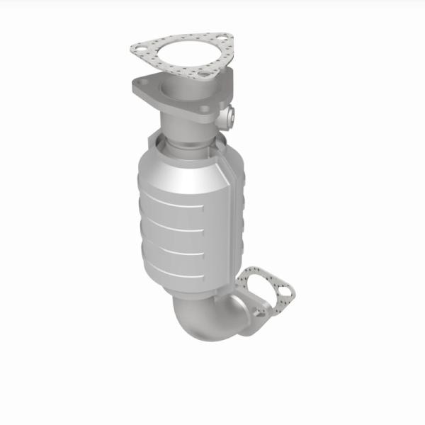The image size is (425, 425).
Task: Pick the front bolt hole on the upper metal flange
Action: pyautogui.click(x=204, y=108)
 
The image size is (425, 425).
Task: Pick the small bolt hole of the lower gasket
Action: pyautogui.click(x=285, y=290)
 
